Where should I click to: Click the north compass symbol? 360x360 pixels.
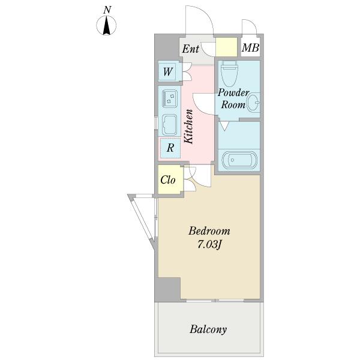pyautogui.click(x=107, y=25)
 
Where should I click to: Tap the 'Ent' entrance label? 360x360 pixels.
pyautogui.click(x=191, y=49)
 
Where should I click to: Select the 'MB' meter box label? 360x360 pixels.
pyautogui.click(x=250, y=49)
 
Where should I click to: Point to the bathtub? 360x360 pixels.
pyautogui.click(x=239, y=161)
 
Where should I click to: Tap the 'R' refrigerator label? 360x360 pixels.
pyautogui.click(x=170, y=148)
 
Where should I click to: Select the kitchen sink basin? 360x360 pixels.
pyautogui.click(x=169, y=124)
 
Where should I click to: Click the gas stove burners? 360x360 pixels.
pyautogui.click(x=169, y=98)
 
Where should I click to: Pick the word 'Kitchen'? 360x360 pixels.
pyautogui.click(x=188, y=127)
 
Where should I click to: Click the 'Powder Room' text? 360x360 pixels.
pyautogui.click(x=233, y=98)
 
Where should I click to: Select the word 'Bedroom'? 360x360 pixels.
pyautogui.click(x=209, y=231)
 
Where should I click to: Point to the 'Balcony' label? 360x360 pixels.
pyautogui.click(x=208, y=329)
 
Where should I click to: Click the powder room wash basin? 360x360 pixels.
pyautogui.click(x=254, y=102)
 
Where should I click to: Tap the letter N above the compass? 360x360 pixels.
pyautogui.click(x=107, y=9)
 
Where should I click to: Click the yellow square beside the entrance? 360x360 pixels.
pyautogui.click(x=226, y=47)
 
